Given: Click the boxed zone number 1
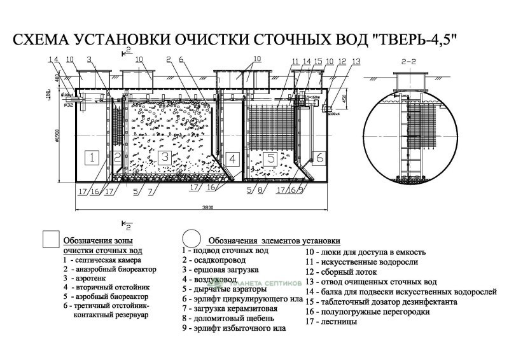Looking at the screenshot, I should click(92, 157).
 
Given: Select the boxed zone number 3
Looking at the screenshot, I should click(164, 157).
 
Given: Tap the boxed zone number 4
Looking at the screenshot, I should click(232, 158).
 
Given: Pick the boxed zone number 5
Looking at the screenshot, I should click(271, 158).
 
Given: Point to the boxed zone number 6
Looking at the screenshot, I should click(319, 157).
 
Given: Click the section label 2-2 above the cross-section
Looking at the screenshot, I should click(407, 62).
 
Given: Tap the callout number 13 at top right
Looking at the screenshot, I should click(356, 61).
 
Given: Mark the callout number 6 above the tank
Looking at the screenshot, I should click(181, 60).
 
